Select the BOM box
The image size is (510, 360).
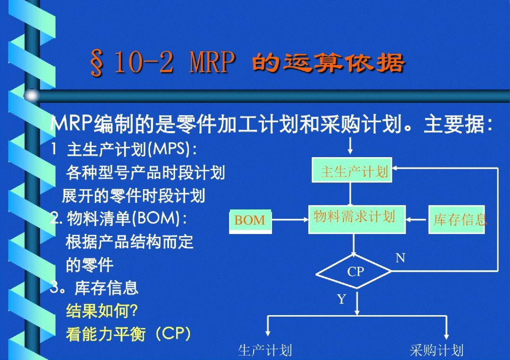250,220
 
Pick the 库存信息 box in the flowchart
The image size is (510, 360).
458,219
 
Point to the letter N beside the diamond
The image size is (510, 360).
400,258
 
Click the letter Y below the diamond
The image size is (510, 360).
341,299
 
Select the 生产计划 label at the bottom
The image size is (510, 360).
264,350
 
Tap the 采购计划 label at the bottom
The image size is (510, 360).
436,350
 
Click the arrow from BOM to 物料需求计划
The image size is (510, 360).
290,220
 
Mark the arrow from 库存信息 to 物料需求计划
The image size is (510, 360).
417,220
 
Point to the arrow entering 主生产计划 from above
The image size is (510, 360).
350,146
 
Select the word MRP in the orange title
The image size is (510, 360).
212,64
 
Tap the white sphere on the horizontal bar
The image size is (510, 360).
32,95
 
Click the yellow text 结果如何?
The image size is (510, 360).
102,311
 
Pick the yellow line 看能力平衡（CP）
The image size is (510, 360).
128,334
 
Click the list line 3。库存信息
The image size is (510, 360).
94,288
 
